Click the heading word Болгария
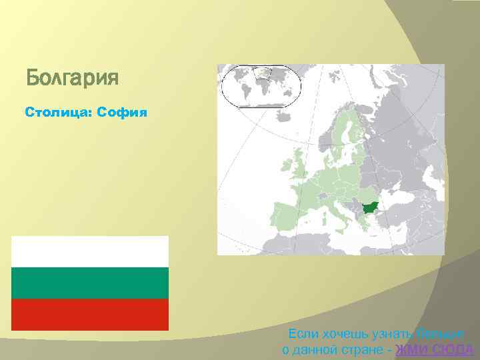72,79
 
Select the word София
121,112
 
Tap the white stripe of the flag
90,252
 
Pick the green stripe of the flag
90,283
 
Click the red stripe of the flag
90,315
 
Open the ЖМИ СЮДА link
434,350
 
